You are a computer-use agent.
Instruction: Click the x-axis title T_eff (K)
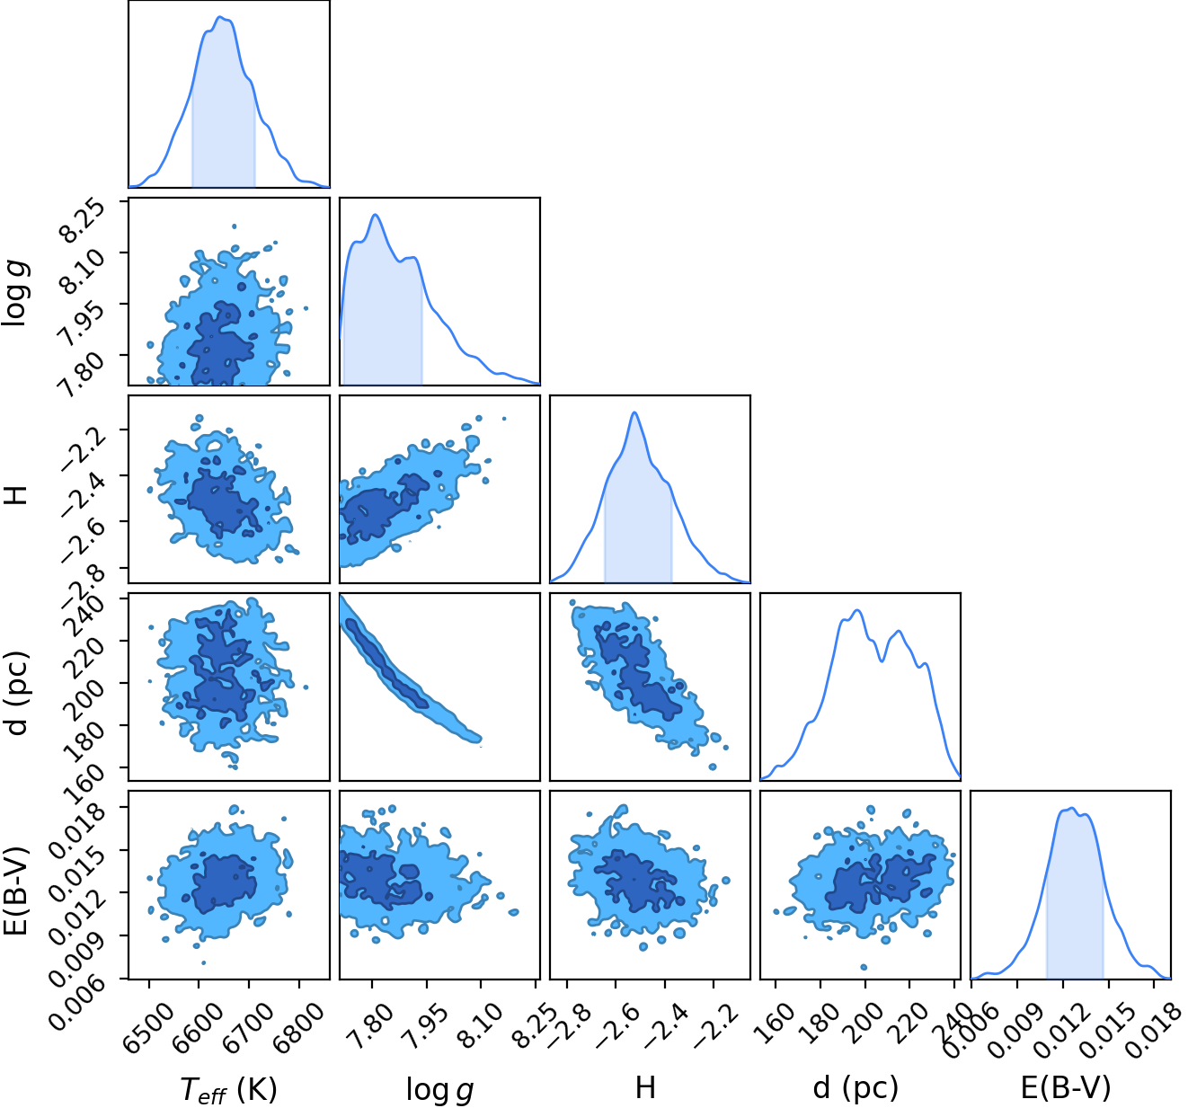(228, 1089)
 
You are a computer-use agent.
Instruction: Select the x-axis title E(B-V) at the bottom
(1066, 1087)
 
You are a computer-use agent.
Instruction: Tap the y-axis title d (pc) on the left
(19, 692)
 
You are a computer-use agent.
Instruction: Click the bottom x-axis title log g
(439, 1089)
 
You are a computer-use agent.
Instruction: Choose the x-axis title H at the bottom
(645, 1087)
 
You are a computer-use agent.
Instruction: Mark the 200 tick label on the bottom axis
(864, 1019)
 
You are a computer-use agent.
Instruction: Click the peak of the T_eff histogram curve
(219, 17)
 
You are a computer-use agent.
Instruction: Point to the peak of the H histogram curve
(634, 412)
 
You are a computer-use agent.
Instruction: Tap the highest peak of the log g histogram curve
(376, 215)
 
